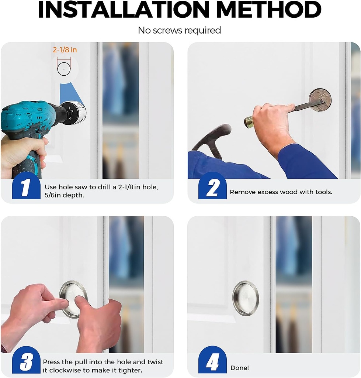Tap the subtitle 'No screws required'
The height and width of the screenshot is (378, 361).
pos(180,30)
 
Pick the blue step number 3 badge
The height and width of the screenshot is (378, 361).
pos(26,361)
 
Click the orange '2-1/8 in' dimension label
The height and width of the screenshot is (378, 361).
pos(65,50)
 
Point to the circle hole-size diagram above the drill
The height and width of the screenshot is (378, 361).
pos(64,69)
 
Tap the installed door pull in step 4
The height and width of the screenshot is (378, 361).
pos(246,298)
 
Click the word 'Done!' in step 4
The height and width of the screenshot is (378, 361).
pos(240,368)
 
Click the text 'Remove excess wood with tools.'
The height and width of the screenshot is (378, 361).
pos(281,192)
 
